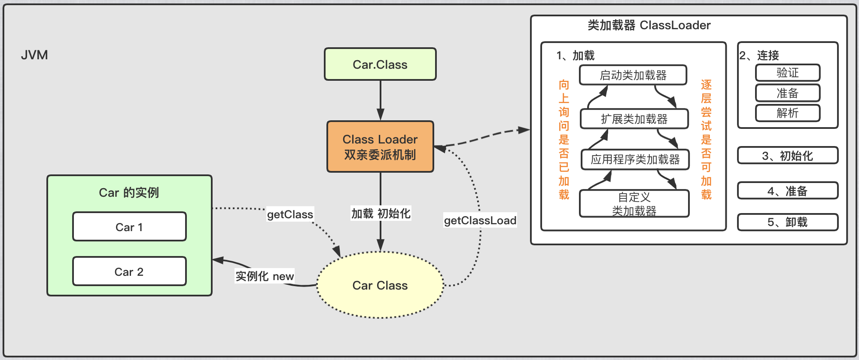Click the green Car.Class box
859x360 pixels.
tap(380, 64)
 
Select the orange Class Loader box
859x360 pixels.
tap(380, 146)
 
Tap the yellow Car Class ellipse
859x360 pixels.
tap(380, 285)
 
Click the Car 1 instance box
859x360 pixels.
tap(129, 227)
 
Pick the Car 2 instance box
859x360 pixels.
tap(129, 272)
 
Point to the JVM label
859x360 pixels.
tap(34, 55)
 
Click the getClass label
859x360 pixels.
tap(290, 214)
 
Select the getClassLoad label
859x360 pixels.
tap(480, 220)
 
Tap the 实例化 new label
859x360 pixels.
tap(265, 276)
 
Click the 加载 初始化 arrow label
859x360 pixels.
tap(381, 213)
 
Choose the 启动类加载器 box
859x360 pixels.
tap(633, 75)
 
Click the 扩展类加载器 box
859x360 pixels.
tap(634, 119)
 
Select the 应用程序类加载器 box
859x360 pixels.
tap(635, 159)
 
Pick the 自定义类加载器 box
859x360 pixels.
tap(634, 204)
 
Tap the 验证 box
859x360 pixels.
tap(788, 73)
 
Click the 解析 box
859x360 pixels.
tap(788, 113)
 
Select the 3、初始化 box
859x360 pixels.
tap(788, 156)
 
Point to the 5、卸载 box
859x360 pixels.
tap(788, 222)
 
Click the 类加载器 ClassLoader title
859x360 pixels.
tap(649, 25)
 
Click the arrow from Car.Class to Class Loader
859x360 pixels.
tap(381, 100)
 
